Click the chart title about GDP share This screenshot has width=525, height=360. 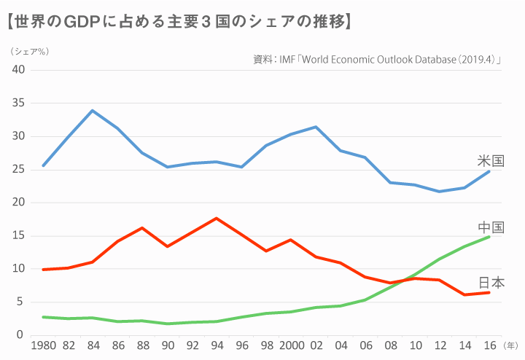[x=178, y=21]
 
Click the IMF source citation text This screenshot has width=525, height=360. [x=380, y=60]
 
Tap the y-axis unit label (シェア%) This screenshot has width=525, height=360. [x=30, y=52]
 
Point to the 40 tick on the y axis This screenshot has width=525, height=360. [x=18, y=70]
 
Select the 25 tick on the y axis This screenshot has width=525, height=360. [x=18, y=170]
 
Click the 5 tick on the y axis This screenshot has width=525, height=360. [x=21, y=302]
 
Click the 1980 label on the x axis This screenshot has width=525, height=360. [x=43, y=346]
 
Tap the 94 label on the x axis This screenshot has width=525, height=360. [x=217, y=346]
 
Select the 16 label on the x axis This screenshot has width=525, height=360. [x=489, y=346]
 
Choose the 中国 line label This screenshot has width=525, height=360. [x=491, y=228]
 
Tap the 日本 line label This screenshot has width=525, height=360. [x=491, y=283]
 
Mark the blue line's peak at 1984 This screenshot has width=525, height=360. [x=93, y=111]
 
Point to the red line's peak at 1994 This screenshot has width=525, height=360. [x=217, y=218]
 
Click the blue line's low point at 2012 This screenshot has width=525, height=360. [x=439, y=192]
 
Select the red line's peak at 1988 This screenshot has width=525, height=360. [x=142, y=228]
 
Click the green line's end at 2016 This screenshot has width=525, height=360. [x=489, y=237]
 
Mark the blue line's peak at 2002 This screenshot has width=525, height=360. [x=315, y=127]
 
